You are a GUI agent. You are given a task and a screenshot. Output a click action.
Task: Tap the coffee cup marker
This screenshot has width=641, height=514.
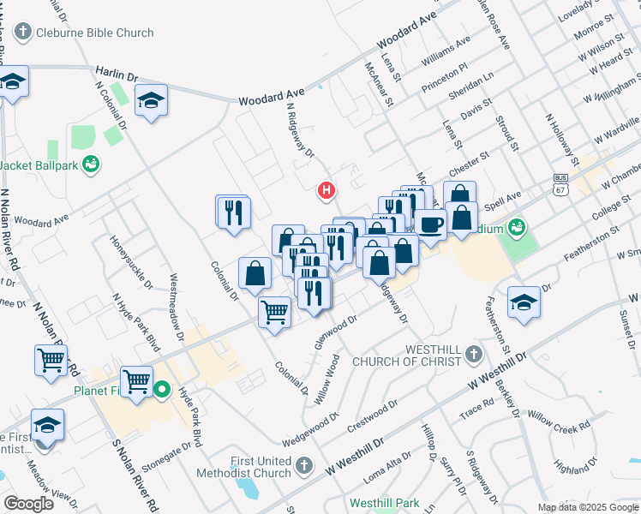coord(430,225)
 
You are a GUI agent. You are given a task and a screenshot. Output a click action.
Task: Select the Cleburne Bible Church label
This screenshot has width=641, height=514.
coord(84,33)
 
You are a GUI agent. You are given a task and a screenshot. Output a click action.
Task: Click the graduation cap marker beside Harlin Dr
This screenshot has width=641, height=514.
coord(151,101)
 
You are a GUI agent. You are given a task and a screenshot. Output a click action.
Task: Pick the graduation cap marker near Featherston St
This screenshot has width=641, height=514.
coord(524,302)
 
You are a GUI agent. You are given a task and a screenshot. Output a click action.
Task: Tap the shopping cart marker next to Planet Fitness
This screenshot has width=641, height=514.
coord(137,381)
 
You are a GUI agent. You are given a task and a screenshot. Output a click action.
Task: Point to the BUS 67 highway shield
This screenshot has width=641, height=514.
coord(560,182)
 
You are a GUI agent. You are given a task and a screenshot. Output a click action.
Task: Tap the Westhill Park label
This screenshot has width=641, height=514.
coord(383,502)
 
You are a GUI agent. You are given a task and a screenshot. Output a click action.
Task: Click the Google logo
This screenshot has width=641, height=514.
coord(29,504)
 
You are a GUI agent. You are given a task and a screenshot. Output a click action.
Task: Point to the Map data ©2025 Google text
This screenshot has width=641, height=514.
coord(588,507)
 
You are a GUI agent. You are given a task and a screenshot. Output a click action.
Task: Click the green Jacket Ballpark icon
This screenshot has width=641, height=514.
coord(92,164)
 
